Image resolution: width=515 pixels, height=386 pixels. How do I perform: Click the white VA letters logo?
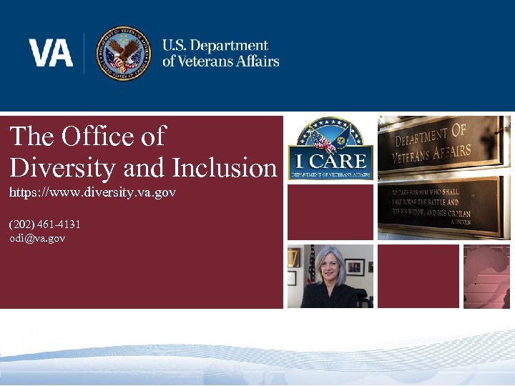click(x=51, y=53)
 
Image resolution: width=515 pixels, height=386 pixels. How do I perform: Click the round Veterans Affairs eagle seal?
click(x=124, y=54)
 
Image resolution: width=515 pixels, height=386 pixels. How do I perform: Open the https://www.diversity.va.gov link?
click(x=93, y=193)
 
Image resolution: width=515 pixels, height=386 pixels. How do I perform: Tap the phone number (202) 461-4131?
click(x=44, y=224)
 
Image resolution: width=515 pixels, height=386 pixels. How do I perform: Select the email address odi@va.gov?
click(x=37, y=238)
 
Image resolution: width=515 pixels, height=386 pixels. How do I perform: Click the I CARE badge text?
click(x=330, y=161)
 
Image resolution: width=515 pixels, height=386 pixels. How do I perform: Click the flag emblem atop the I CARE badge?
click(x=325, y=137)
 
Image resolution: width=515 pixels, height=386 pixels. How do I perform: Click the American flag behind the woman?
click(x=311, y=264)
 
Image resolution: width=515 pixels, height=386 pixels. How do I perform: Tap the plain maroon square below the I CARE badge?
click(x=330, y=212)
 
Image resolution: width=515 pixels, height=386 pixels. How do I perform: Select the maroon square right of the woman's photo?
click(x=418, y=276)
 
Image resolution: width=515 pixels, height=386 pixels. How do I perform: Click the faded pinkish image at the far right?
click(x=486, y=276)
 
